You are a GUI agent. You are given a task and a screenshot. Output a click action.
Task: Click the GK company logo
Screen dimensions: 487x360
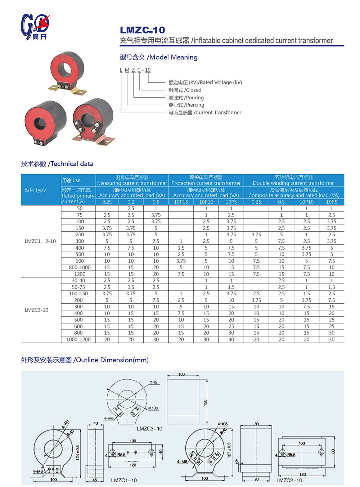click(35, 27)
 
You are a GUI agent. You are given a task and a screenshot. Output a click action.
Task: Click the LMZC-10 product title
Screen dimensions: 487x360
click(142, 30)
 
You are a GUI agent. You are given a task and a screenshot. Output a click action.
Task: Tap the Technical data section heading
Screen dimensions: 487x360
click(57, 164)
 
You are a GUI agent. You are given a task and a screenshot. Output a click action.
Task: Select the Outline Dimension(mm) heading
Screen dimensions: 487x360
click(85, 360)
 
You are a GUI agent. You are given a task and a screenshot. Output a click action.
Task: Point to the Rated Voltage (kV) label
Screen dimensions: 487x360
click(205, 82)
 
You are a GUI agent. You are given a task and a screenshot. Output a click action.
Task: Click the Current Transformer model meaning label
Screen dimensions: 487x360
click(205, 112)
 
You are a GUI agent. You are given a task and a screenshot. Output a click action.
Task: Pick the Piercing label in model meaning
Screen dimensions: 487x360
click(186, 105)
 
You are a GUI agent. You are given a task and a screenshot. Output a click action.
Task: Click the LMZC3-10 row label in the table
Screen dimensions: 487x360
click(36, 310)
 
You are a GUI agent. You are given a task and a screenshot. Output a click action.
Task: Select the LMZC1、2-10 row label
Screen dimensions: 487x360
click(40, 241)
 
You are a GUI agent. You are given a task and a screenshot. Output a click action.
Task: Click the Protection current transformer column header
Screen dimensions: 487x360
click(206, 180)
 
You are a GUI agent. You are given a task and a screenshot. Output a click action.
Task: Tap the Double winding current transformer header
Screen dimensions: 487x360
click(294, 180)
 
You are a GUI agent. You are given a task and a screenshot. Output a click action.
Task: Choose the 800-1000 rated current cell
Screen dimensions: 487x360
click(80, 267)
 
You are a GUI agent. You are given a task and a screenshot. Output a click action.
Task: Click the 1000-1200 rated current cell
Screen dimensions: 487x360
click(78, 339)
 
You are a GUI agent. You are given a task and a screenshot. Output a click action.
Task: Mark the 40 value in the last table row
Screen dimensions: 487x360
click(231, 339)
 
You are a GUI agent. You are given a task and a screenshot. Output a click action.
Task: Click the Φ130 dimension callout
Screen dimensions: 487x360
click(153, 408)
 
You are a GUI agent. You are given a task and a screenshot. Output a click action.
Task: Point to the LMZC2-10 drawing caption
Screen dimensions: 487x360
click(289, 480)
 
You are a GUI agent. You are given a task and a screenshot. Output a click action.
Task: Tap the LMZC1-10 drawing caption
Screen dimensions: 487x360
click(124, 480)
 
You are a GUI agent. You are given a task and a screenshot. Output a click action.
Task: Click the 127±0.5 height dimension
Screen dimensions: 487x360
click(229, 450)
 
